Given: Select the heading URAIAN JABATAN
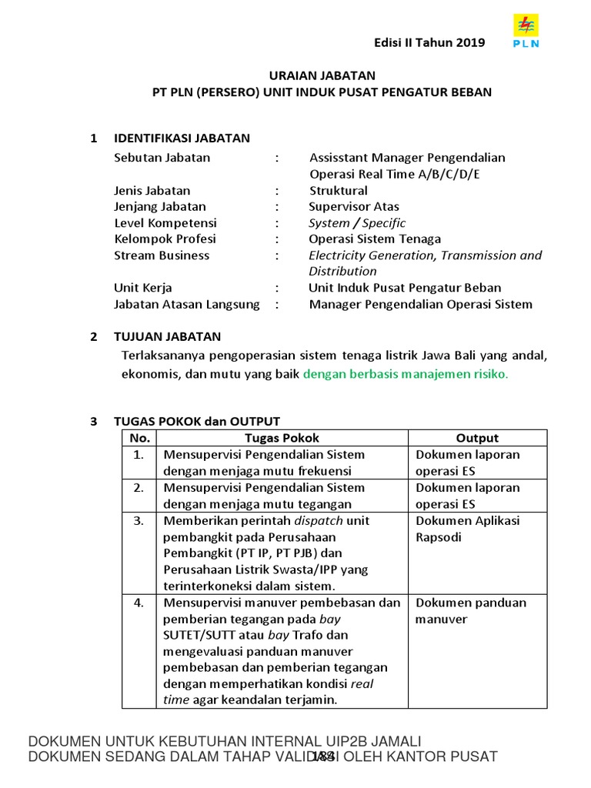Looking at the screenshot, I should pyautogui.click(x=322, y=75).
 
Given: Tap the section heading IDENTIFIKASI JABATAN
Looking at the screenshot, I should pyautogui.click(x=182, y=139).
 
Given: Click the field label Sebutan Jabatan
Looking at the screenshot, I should pyautogui.click(x=162, y=158).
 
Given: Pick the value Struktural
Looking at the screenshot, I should pyautogui.click(x=339, y=190).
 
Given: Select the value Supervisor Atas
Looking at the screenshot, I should pyautogui.click(x=354, y=206).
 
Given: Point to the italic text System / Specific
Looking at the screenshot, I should pyautogui.click(x=357, y=223).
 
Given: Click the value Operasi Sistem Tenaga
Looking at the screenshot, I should pyautogui.click(x=375, y=239).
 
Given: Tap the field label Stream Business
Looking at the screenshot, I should pyautogui.click(x=162, y=255).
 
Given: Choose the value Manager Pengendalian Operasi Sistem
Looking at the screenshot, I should pyautogui.click(x=420, y=304).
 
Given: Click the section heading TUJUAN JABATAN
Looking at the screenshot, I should pyautogui.click(x=167, y=336).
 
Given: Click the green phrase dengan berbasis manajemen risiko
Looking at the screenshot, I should pyautogui.click(x=406, y=375).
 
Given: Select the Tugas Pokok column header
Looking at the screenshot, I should pyautogui.click(x=281, y=438).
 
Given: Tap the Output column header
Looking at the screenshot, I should pyautogui.click(x=477, y=438).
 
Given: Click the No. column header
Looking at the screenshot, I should pyautogui.click(x=139, y=438).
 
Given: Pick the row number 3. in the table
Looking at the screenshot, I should pyautogui.click(x=139, y=521).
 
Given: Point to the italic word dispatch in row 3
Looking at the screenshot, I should pyautogui.click(x=318, y=521).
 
